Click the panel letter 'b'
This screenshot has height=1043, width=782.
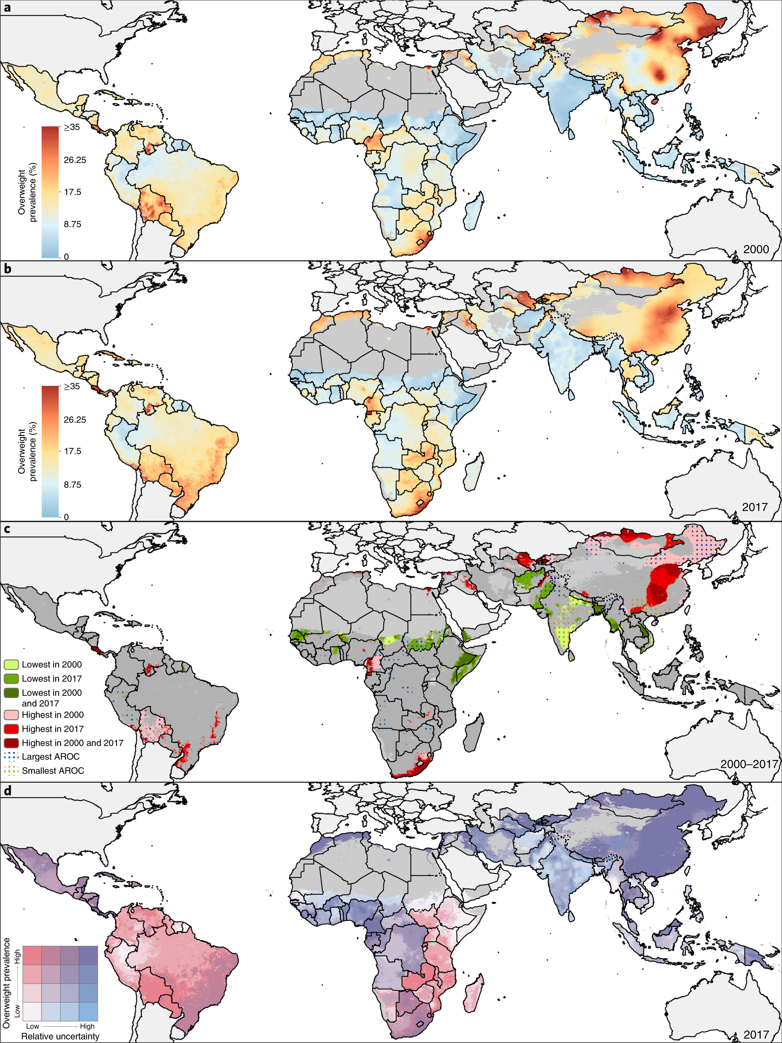pos(7,269)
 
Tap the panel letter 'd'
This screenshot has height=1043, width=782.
pos(7,790)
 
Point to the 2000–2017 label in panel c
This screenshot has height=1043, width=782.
pos(749,763)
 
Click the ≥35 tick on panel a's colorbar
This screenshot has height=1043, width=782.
pos(72,127)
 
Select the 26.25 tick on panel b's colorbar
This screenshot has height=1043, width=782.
pos(75,420)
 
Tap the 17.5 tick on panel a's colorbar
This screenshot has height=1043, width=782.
pos(73,192)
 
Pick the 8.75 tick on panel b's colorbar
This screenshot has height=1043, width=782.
pos(73,485)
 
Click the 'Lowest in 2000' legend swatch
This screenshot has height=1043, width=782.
pos(11,665)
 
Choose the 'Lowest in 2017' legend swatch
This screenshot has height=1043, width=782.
pos(11,679)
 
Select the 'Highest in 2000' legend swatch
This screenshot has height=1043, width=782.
pos(11,715)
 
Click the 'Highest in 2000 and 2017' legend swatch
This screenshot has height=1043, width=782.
pos(11,742)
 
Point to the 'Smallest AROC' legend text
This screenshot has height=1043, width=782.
pos(53,770)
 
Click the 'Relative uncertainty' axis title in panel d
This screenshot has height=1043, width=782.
pos(60,1036)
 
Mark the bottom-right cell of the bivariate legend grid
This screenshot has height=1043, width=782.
pos(88,1011)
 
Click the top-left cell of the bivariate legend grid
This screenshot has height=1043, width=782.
pos(32,955)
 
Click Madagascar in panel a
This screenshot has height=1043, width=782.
pos(474,211)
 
